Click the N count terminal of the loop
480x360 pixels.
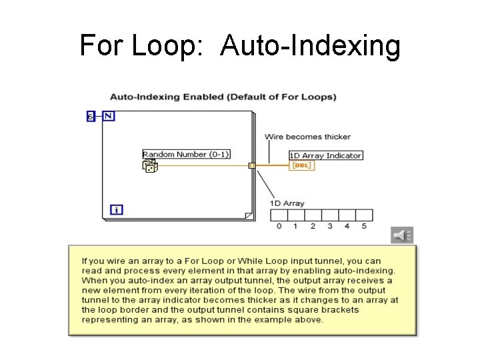109,116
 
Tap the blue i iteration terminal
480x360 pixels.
117,209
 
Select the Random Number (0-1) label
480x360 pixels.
186,154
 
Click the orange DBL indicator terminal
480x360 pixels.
301,165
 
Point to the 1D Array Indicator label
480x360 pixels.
326,155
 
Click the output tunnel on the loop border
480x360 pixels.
251,165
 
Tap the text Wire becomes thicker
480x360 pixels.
307,137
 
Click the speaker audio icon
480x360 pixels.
402,235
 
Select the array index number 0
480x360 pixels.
279,226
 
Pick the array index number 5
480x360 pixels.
364,226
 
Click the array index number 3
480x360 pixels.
330,226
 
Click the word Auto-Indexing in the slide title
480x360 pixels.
311,46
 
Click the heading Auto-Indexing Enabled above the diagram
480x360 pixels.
223,97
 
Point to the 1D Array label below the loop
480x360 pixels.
287,203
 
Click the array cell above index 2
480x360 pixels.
313,215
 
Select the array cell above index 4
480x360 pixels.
347,215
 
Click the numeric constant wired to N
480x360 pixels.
91,117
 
